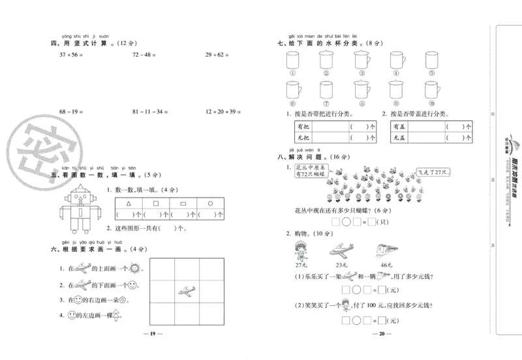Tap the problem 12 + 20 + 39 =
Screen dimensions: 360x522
click(223, 112)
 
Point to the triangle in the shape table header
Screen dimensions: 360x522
click(129, 203)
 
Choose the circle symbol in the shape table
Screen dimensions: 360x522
click(210, 203)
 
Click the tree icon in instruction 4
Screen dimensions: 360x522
click(115, 316)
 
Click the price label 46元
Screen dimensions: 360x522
click(386, 265)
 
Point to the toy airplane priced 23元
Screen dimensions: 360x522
click(344, 250)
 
